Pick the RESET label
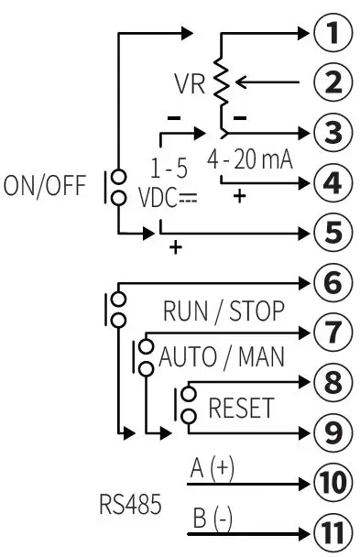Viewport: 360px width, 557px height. click(241, 407)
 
